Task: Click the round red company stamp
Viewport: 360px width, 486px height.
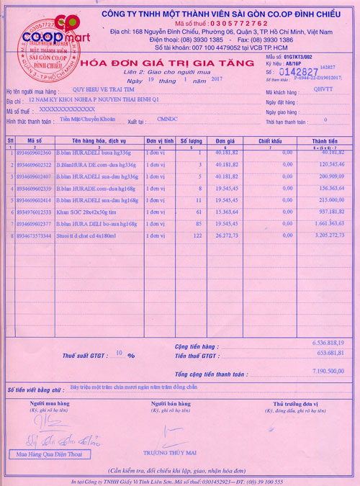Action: coord(46,50)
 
